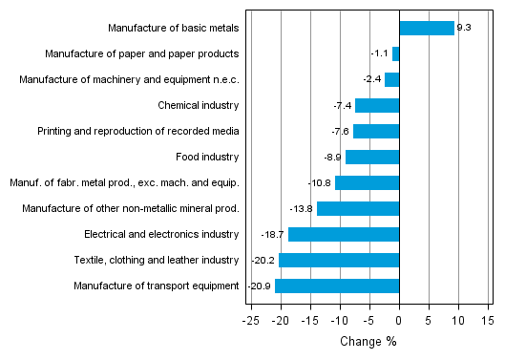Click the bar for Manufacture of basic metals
pyautogui.click(x=427, y=28)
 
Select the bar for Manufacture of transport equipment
pyautogui.click(x=337, y=286)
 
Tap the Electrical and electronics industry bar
pyautogui.click(x=344, y=234)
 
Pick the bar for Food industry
pyautogui.click(x=372, y=157)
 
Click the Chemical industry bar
pyautogui.click(x=377, y=105)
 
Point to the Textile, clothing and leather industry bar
pyautogui.click(x=339, y=260)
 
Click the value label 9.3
pyautogui.click(x=465, y=28)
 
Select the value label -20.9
pyautogui.click(x=260, y=286)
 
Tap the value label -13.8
pyautogui.click(x=302, y=208)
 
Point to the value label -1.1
pyautogui.click(x=380, y=53)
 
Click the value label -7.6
pyautogui.click(x=339, y=131)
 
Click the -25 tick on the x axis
pyautogui.click(x=251, y=321)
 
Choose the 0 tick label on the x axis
pyautogui.click(x=399, y=321)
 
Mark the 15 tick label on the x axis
pyautogui.click(x=488, y=321)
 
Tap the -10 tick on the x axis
pyautogui.click(x=340, y=321)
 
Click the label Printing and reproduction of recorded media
pyautogui.click(x=138, y=131)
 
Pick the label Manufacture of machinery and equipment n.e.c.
pyautogui.click(x=129, y=79)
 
